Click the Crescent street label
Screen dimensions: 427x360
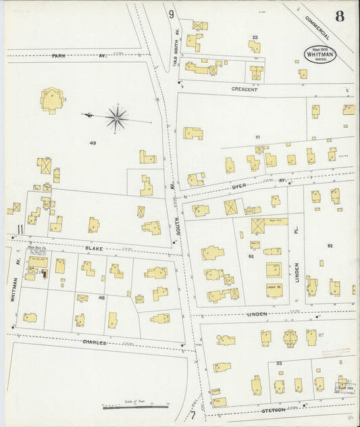click(x=244, y=89)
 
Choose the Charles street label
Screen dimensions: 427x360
click(x=94, y=343)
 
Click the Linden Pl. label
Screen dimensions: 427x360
click(x=295, y=254)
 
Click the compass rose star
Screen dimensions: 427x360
click(x=117, y=119)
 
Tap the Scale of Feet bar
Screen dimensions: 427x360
click(x=135, y=407)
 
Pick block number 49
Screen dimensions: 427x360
click(x=93, y=143)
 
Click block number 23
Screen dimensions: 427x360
click(x=255, y=37)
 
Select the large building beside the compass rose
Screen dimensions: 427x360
click(x=51, y=100)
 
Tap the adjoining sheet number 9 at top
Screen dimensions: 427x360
click(x=172, y=14)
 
